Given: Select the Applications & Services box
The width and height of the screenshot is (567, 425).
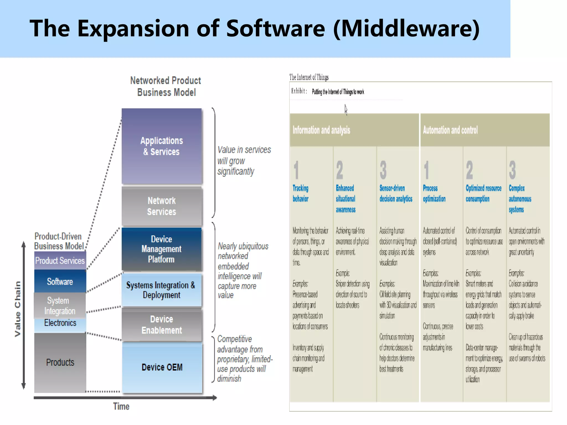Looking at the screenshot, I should point(161,146).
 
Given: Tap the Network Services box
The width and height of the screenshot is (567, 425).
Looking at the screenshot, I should point(161,206).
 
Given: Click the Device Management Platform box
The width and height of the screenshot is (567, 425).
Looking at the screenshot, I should point(161,249).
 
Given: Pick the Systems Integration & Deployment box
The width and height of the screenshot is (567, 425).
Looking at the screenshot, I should point(161,290).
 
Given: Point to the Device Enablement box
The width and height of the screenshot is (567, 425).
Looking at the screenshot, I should point(161,325).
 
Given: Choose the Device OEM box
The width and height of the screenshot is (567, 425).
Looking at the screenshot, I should point(162,367).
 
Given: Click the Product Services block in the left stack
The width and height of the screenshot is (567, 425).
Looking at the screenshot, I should point(60,261).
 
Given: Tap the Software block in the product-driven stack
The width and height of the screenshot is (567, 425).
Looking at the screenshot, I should point(60,281).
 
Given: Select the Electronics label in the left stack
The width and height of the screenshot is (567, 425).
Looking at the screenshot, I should point(60,323).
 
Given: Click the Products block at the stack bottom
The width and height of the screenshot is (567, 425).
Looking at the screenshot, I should point(60,362).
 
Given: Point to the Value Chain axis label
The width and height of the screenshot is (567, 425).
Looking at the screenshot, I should point(17,309).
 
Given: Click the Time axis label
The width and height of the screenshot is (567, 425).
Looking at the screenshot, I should point(121,406).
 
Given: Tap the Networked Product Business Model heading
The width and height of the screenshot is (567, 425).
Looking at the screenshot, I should point(166,86).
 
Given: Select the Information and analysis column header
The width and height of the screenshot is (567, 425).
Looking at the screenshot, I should point(321,130).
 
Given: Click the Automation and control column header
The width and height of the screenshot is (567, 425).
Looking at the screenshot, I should point(450,130).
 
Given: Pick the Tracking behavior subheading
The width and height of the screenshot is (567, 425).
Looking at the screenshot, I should point(301,193).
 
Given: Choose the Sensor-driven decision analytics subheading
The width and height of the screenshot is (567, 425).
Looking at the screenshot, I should point(396,193).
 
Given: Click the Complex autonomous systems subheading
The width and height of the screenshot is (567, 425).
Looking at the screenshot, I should point(520,199).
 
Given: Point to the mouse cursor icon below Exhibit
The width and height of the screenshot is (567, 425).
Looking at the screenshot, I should point(346,109).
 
